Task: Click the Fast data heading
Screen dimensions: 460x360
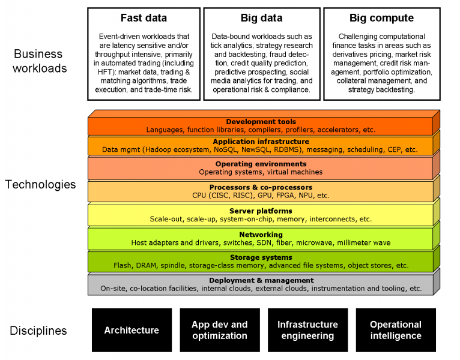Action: (x=144, y=18)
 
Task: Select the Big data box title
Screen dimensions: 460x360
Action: (x=261, y=18)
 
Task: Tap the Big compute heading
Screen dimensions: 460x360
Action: (x=381, y=18)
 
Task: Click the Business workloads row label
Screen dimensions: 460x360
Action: (x=40, y=61)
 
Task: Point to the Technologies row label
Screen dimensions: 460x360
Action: (x=40, y=184)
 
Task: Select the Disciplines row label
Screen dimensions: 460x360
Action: (x=38, y=331)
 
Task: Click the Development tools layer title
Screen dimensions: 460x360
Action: (x=261, y=122)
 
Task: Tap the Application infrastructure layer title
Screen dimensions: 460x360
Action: (x=261, y=142)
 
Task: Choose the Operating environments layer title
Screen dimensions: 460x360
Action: (x=261, y=164)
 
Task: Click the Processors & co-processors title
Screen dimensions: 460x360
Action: (x=261, y=187)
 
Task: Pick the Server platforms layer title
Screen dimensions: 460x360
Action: (x=261, y=211)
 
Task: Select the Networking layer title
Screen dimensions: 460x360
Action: (x=261, y=235)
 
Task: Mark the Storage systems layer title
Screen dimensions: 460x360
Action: (x=261, y=257)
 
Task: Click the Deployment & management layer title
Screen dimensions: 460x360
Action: (x=261, y=281)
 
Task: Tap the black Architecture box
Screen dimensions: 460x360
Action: (x=132, y=330)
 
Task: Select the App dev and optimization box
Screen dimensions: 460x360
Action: (x=220, y=330)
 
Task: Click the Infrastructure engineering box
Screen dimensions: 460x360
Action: (x=307, y=330)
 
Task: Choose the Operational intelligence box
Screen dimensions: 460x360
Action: (x=396, y=330)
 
